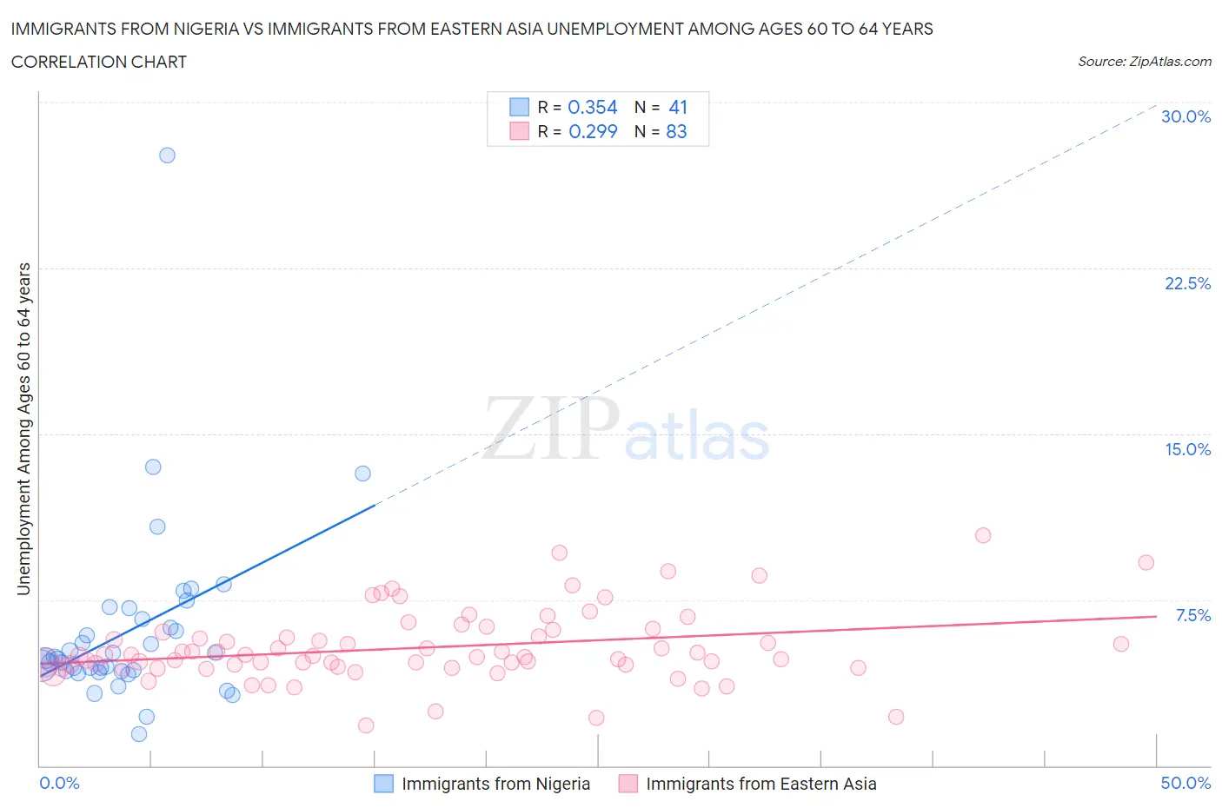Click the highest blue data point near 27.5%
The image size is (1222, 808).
tap(167, 156)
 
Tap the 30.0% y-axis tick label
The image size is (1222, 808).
tap(1185, 117)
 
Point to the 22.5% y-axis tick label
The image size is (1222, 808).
tap(1187, 283)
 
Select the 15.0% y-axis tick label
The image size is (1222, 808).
tap(1187, 449)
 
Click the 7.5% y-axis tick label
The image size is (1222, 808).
tap(1192, 615)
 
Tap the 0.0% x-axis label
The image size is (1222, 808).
tap(59, 783)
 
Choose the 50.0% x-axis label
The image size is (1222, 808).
tap(1185, 783)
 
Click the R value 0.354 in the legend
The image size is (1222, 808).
tap(592, 107)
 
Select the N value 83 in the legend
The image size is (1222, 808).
tap(676, 131)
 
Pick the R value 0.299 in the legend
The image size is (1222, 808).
tap(593, 131)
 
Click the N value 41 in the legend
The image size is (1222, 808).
tap(678, 107)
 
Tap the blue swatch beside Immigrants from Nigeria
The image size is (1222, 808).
tap(383, 784)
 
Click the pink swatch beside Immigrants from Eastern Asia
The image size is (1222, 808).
tap(628, 784)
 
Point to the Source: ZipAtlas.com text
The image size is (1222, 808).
tap(1144, 62)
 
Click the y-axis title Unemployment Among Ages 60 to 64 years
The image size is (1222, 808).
tap(23, 428)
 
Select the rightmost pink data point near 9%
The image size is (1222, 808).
tap(1146, 562)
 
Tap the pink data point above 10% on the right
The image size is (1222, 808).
tap(983, 535)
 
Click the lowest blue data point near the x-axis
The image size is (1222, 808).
tap(139, 734)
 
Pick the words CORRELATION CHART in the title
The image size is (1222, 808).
tap(99, 62)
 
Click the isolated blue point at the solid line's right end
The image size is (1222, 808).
tap(362, 474)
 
